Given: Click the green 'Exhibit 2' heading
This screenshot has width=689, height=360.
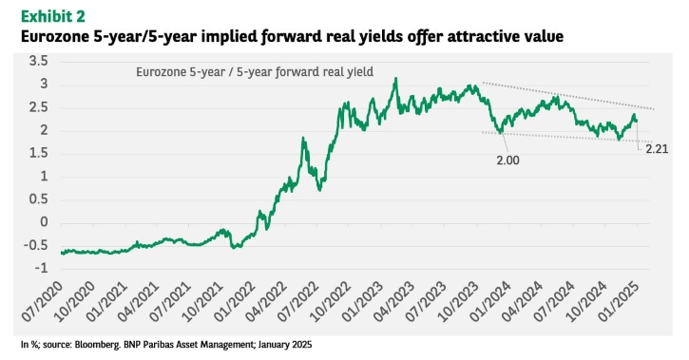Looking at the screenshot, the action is [x=52, y=16].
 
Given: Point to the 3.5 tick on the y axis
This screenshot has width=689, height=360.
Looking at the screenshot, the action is [x=39, y=61].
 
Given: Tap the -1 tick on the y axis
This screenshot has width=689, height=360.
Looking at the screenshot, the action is [x=41, y=267].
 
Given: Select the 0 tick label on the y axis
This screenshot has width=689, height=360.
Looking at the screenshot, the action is [x=44, y=221].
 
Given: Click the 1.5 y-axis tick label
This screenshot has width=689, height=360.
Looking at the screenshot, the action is [x=39, y=153].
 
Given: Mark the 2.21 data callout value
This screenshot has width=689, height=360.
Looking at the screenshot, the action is [x=657, y=149].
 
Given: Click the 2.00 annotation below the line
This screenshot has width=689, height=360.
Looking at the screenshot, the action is [x=508, y=161].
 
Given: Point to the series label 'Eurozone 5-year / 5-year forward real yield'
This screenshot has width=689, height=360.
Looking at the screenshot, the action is [x=255, y=71].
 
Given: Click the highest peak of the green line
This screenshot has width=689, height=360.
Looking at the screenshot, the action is [x=395, y=79].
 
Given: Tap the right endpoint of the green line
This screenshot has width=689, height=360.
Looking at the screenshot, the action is [x=637, y=122].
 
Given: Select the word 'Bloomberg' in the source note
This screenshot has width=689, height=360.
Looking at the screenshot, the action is [x=98, y=345].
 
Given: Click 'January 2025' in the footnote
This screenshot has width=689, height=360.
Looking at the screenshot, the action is [x=285, y=345].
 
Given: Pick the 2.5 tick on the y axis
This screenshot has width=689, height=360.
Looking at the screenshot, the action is [x=39, y=107].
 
